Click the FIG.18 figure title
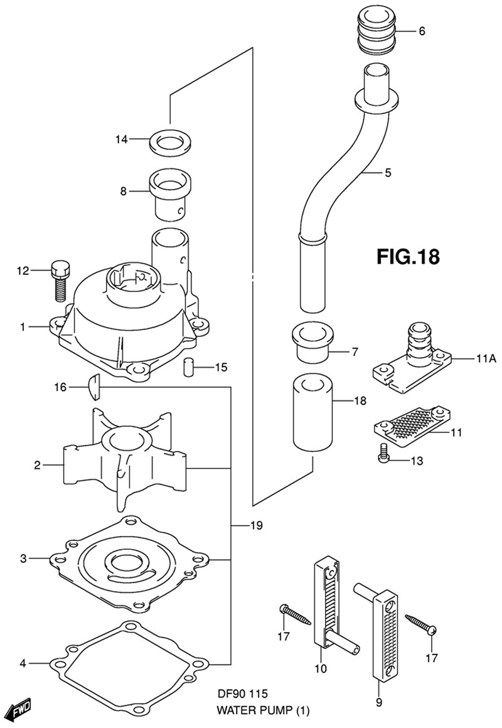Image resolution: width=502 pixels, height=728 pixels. pyautogui.click(x=408, y=257)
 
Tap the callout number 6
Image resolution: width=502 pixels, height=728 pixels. pyautogui.click(x=422, y=31)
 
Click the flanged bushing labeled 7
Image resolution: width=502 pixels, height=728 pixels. pyautogui.click(x=312, y=342)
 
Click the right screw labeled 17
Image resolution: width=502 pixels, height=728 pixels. pyautogui.click(x=420, y=623)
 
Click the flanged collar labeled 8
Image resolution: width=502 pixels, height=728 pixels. pyautogui.click(x=169, y=191)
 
